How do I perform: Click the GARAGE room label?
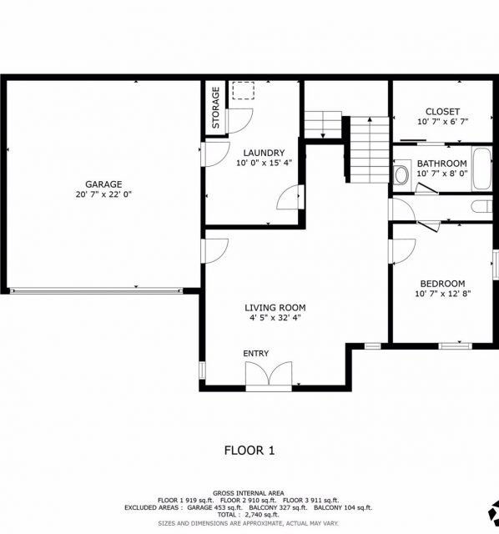click(103, 184)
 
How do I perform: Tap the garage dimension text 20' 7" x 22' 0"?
click(103, 194)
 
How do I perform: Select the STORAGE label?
click(215, 108)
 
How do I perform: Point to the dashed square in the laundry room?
click(243, 91)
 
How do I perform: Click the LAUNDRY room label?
click(264, 153)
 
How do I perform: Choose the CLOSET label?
click(442, 112)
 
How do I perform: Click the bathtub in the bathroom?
click(481, 169)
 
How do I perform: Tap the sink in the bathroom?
click(401, 175)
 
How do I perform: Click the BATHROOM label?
click(441, 164)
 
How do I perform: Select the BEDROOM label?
click(442, 284)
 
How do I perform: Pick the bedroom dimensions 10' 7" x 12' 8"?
click(442, 294)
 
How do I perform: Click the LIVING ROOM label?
click(275, 308)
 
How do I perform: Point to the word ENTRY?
click(256, 354)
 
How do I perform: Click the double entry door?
click(269, 375)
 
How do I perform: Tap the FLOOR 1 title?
click(249, 451)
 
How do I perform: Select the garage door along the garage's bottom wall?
click(97, 291)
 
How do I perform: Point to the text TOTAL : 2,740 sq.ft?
click(249, 515)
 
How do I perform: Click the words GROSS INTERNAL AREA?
click(249, 493)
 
